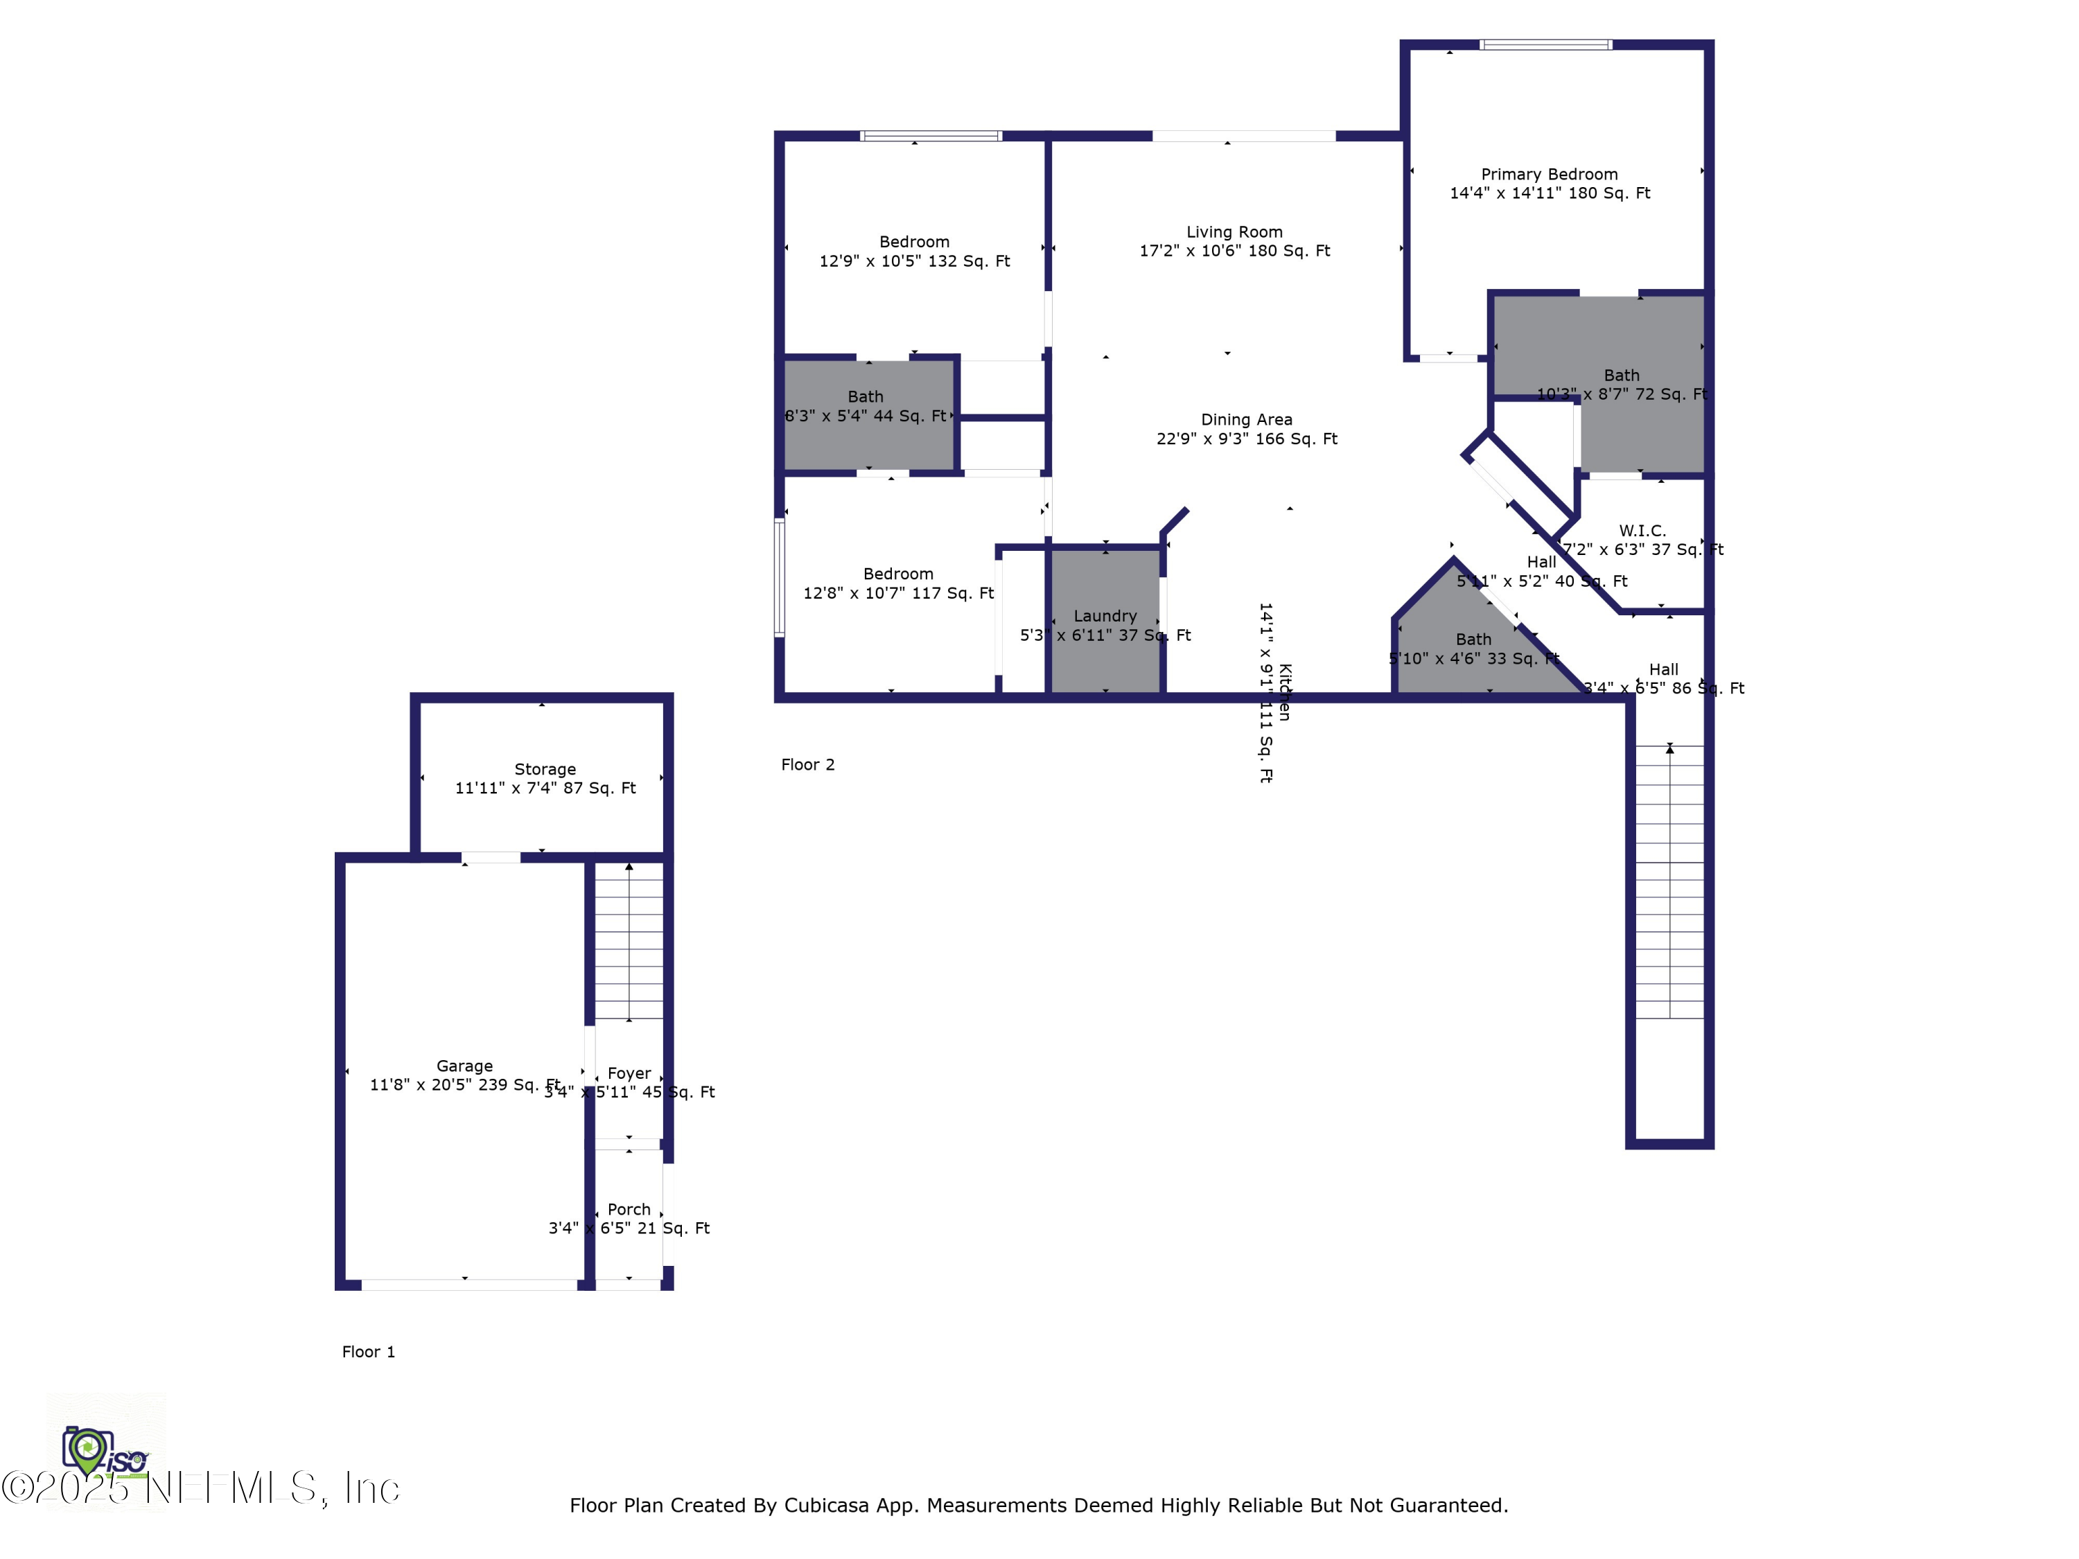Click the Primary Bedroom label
pyautogui.click(x=1549, y=175)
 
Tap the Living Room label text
pyautogui.click(x=1234, y=232)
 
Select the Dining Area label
pyautogui.click(x=1246, y=420)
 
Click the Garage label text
pyautogui.click(x=464, y=1066)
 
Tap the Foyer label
pyautogui.click(x=629, y=1073)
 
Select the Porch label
pyautogui.click(x=629, y=1209)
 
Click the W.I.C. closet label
pyautogui.click(x=1642, y=531)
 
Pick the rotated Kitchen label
pyautogui.click(x=1285, y=693)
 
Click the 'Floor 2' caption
pyautogui.click(x=807, y=765)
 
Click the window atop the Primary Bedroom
pyautogui.click(x=1545, y=44)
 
